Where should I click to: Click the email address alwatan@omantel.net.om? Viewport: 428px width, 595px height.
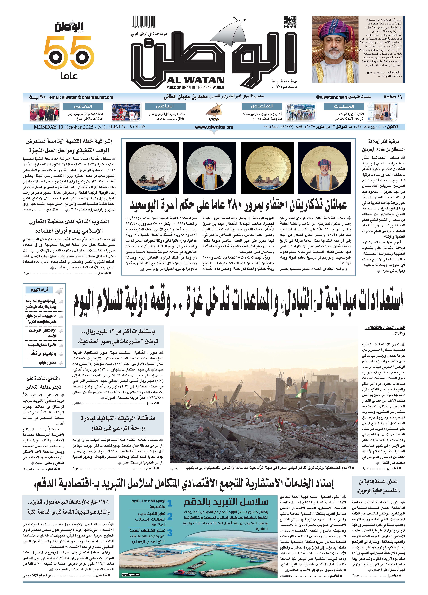[87, 97]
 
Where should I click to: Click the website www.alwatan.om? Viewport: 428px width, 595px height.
[214, 127]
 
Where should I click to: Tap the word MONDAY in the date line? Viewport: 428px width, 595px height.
[45, 127]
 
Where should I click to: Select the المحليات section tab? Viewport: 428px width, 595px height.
[344, 106]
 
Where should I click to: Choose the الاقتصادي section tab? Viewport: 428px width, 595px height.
[262, 106]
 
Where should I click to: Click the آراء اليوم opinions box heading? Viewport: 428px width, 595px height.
[39, 290]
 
